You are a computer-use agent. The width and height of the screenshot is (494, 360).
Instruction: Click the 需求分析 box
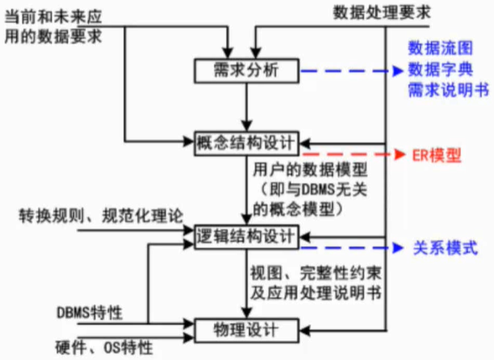coord(247,71)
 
